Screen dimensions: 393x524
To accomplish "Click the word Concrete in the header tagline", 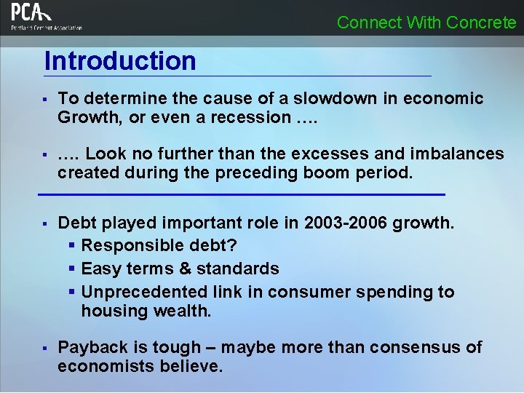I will (x=481, y=23).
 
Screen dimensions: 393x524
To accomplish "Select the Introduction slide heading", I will (x=120, y=61).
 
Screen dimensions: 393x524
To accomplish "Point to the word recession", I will (x=250, y=117).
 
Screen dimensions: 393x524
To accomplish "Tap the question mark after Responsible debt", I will (x=232, y=246).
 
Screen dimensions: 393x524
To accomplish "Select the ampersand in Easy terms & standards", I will (x=184, y=269).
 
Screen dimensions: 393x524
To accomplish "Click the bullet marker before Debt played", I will (x=44, y=223).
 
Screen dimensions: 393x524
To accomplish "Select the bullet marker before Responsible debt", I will (x=72, y=246).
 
